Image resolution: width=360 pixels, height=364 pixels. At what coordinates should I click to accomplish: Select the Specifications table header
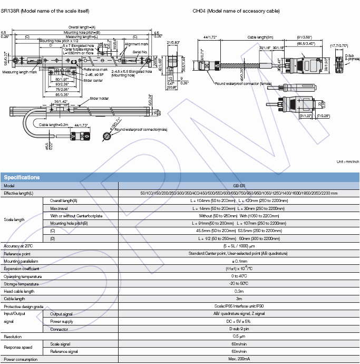point(22,177)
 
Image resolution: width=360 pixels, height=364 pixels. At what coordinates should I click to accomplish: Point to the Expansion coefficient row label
point(21,269)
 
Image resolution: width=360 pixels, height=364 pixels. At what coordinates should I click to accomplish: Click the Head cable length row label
point(19,291)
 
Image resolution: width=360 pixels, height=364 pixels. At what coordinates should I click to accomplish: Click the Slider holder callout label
point(99,99)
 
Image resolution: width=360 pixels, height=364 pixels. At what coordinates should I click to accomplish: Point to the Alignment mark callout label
point(136,45)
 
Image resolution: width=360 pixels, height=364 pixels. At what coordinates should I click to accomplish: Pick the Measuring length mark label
point(18,72)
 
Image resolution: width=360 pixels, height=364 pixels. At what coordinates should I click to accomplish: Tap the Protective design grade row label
point(24,306)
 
